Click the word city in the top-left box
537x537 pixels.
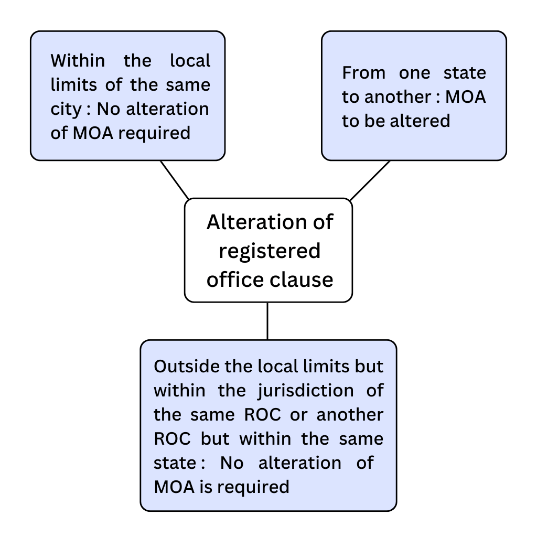[66, 109]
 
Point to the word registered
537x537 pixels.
[269, 251]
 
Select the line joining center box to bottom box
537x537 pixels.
[267, 321]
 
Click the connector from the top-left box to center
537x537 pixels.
[174, 179]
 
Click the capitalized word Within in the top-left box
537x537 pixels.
[78, 61]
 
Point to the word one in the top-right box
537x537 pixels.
[414, 73]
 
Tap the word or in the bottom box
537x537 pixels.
[299, 414]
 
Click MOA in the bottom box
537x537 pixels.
[174, 487]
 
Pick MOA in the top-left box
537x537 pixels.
[92, 133]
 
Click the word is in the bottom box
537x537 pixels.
[207, 487]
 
